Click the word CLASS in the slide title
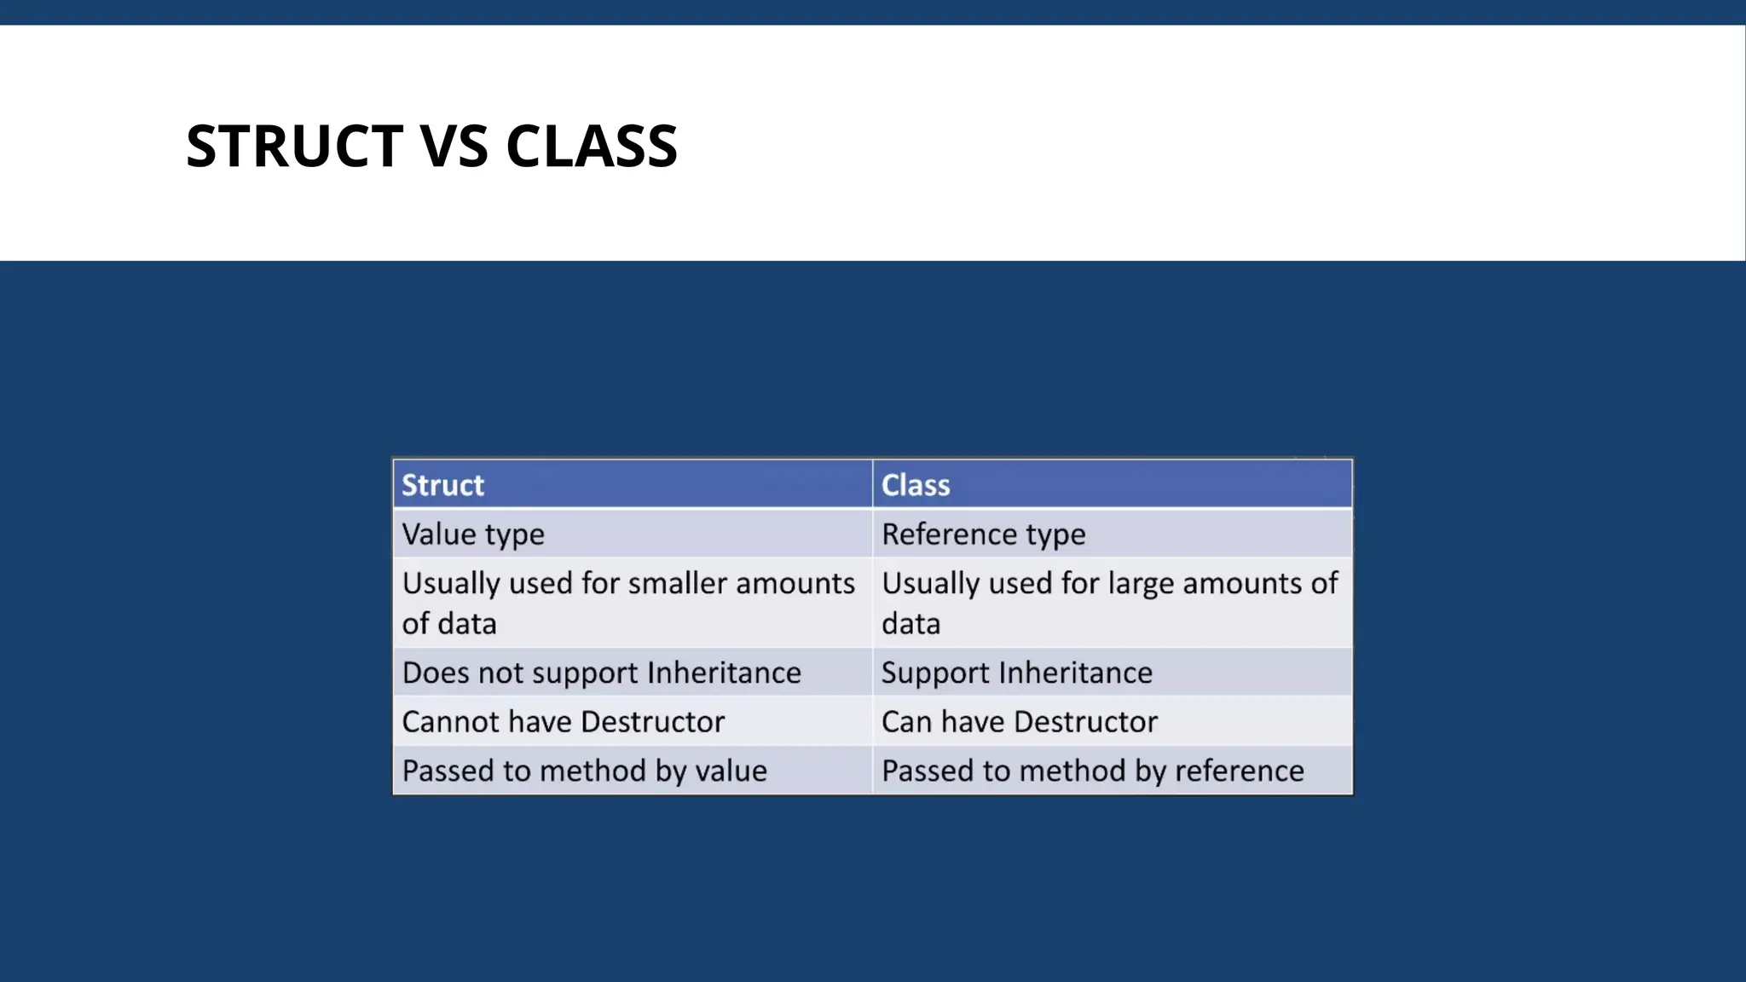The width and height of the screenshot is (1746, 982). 592,146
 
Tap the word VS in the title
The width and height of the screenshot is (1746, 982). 454,146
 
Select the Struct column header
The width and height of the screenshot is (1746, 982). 442,485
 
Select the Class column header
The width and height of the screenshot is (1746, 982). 916,485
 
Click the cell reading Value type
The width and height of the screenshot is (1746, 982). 473,534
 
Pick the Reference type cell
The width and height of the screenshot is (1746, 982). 984,534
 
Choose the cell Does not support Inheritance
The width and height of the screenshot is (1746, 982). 602,673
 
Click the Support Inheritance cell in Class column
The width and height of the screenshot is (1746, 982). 1017,673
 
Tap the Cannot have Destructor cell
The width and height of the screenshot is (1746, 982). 564,722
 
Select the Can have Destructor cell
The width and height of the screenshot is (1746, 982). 1020,722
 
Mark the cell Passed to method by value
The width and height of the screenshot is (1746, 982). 585,771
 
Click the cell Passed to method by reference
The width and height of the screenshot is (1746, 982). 1093,771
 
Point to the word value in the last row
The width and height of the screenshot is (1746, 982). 731,771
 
